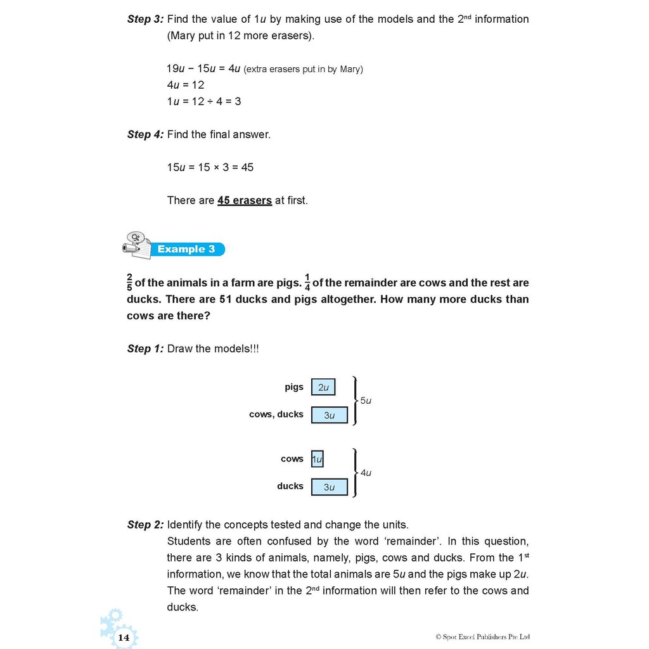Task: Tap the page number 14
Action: (x=124, y=637)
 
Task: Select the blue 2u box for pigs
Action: (x=323, y=387)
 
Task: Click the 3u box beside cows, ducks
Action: (x=329, y=415)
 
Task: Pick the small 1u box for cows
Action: (x=317, y=459)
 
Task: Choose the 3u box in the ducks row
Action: (x=329, y=487)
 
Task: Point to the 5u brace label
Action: (x=366, y=401)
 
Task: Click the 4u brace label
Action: (x=366, y=473)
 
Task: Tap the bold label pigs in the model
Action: (x=294, y=387)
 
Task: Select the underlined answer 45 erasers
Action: (x=245, y=200)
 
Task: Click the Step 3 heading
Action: (x=145, y=19)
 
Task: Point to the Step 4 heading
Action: (x=145, y=134)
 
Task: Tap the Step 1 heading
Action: (x=145, y=349)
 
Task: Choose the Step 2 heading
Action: (x=145, y=525)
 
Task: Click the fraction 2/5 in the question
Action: (x=130, y=283)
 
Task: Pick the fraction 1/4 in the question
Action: (x=307, y=283)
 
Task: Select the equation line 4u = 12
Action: (x=186, y=84)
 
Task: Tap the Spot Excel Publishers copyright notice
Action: (x=482, y=637)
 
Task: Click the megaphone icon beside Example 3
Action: (x=137, y=245)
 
